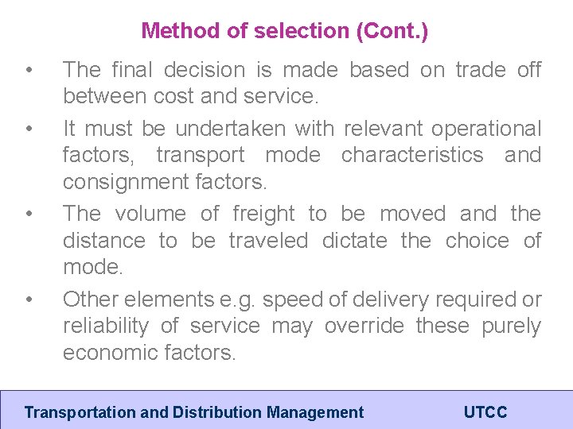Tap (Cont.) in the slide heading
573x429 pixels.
[392, 32]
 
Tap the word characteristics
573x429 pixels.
[412, 155]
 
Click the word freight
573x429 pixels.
[265, 214]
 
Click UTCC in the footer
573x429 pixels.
[485, 412]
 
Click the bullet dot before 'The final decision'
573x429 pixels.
[29, 71]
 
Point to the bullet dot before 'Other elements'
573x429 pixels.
[29, 300]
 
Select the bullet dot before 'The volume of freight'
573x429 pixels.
[29, 214]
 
